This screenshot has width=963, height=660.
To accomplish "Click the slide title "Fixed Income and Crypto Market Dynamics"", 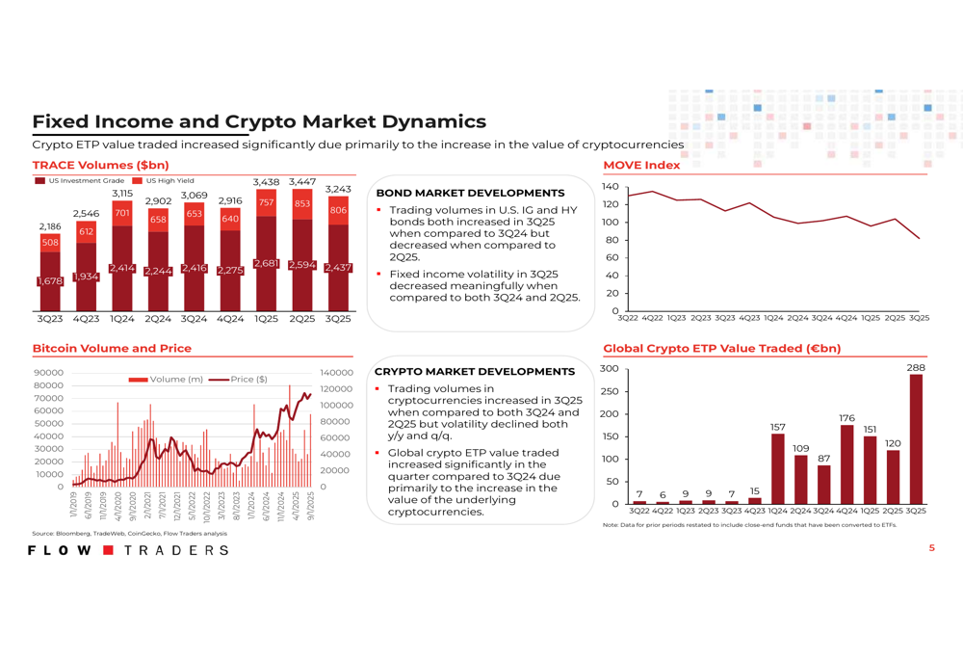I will tap(259, 122).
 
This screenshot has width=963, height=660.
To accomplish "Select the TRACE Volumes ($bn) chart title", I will tap(101, 165).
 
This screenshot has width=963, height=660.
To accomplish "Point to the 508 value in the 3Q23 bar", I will tap(50, 243).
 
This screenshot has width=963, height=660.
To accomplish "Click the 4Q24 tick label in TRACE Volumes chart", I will tap(229, 318).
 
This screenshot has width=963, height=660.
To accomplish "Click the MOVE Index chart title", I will tap(641, 165).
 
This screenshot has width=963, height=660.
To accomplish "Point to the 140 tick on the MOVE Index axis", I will tap(609, 186).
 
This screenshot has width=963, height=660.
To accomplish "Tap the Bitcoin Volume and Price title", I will tap(112, 348).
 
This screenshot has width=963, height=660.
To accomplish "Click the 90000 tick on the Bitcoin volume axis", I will tap(48, 373).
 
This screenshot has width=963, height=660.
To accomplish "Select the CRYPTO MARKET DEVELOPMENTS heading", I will tap(474, 371).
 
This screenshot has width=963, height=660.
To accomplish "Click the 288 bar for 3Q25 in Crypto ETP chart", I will tap(916, 438).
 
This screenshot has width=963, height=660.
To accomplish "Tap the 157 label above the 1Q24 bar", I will tap(778, 426).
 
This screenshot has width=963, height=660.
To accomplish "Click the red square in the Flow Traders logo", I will tap(108, 550).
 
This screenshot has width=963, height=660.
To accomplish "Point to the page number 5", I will tap(931, 548).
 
